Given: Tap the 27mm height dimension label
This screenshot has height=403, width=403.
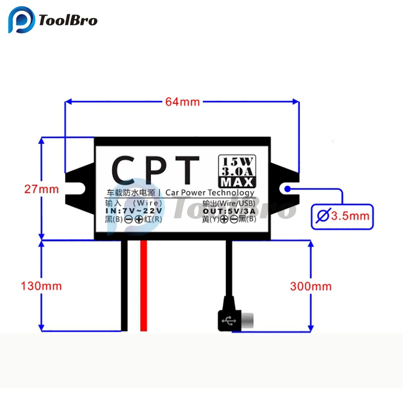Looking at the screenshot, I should click(x=41, y=189).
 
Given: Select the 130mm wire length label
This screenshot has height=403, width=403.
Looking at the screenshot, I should click(x=41, y=286).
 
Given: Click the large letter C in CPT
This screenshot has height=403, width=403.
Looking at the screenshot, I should click(x=125, y=170).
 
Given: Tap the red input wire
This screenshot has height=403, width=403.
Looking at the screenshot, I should click(x=143, y=286).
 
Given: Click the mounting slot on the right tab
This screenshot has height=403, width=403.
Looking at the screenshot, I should click(x=288, y=188).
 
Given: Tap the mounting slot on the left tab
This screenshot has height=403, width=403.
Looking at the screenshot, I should click(x=76, y=188).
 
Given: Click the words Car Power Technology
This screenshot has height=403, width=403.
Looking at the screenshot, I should click(x=210, y=193).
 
